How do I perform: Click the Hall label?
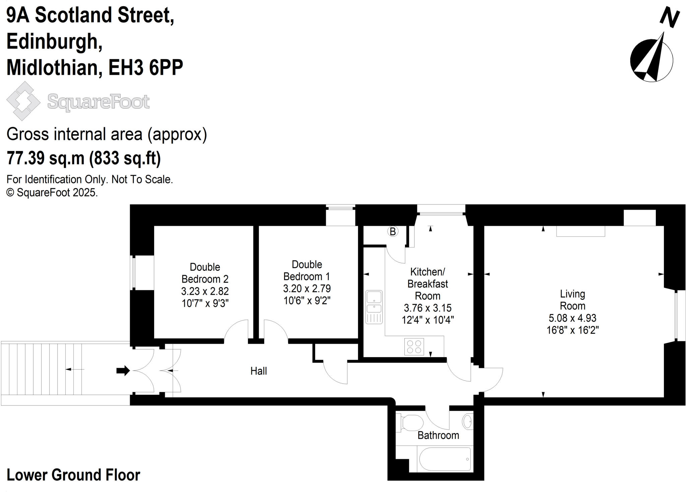coord(259,371)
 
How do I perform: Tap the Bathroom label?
coord(438,435)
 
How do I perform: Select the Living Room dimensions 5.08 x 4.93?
coord(572,318)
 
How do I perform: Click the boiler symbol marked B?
coord(393,231)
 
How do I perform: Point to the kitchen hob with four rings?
coord(414,346)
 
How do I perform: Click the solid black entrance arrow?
coord(123,371)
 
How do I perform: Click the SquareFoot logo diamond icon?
coord(23,101)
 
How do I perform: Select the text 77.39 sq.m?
coord(46,158)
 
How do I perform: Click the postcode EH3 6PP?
coord(146,67)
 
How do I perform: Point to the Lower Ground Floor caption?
coord(73,475)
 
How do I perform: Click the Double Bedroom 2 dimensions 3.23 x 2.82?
coord(205,291)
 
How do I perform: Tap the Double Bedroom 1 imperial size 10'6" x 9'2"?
coord(307,301)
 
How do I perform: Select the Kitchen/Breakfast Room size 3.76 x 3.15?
coord(428,308)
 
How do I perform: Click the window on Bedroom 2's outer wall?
coord(133,272)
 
